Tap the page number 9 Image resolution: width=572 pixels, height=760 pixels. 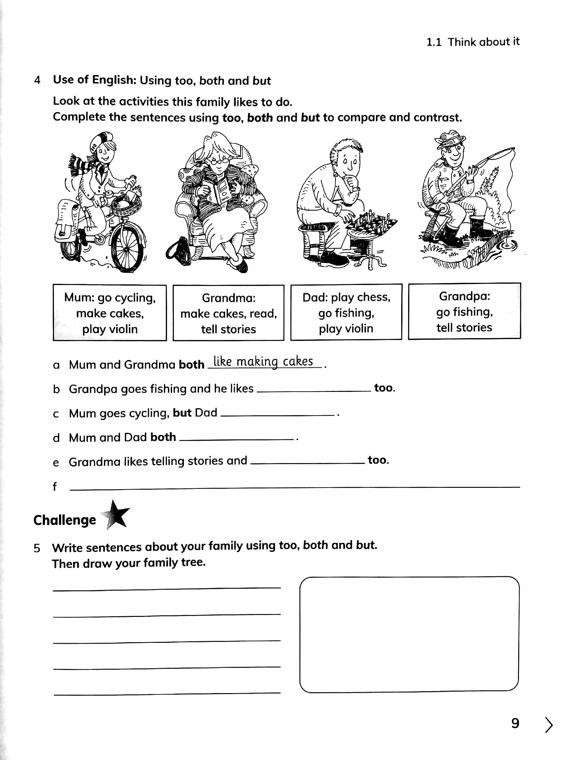coord(515,723)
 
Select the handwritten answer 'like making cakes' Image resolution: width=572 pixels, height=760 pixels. coord(263,362)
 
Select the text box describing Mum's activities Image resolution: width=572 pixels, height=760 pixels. coord(110,313)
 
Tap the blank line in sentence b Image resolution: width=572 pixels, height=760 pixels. coord(313,390)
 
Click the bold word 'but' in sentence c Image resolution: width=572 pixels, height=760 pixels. coord(182,412)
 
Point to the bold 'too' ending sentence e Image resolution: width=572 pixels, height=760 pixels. coord(378,460)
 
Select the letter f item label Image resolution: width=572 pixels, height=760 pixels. coord(54,487)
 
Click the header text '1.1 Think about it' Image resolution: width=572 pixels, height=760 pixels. coord(473,42)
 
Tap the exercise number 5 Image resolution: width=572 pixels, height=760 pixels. coord(37,548)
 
